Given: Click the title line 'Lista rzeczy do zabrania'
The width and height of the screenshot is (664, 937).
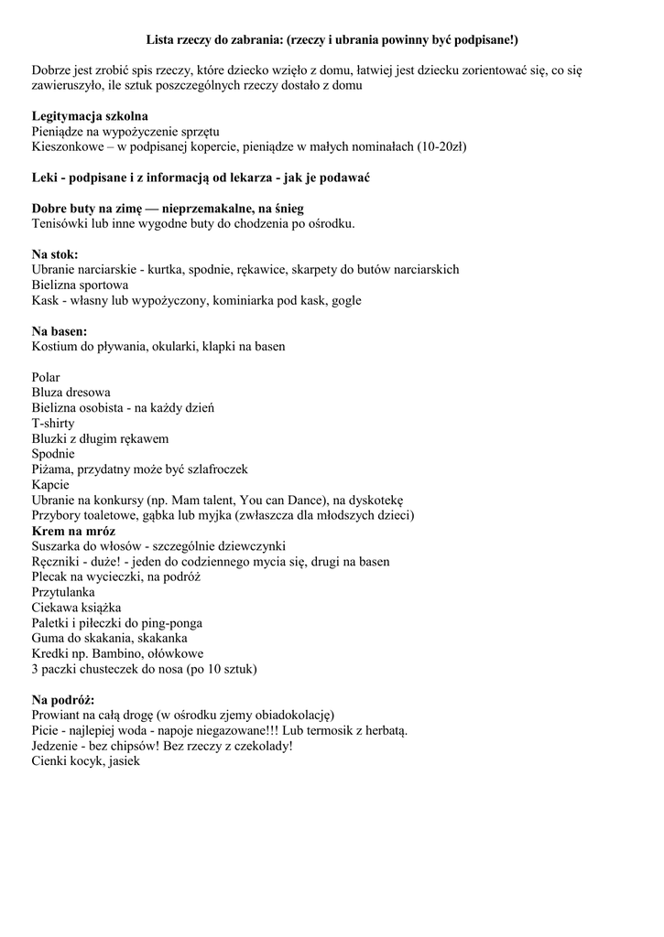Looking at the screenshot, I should pos(332,40).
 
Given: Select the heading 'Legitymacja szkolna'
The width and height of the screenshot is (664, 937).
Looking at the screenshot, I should pos(90,116).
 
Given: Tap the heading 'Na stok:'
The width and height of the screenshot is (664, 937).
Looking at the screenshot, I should pos(55,253).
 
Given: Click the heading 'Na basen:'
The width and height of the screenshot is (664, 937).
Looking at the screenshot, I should pos(60,331).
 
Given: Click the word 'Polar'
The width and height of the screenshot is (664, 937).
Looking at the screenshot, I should pos(46,377).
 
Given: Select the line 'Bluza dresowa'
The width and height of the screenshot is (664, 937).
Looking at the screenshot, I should pos(71,393).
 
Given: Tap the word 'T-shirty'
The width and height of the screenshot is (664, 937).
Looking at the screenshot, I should pos(53,423).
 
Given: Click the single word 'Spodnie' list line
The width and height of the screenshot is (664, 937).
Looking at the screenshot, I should pos(53,454).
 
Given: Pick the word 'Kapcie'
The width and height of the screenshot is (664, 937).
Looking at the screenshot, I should pos(50,484).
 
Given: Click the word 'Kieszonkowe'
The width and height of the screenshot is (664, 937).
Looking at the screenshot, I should pos(69,146).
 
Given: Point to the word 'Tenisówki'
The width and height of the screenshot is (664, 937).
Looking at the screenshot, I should pos(61,223).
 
